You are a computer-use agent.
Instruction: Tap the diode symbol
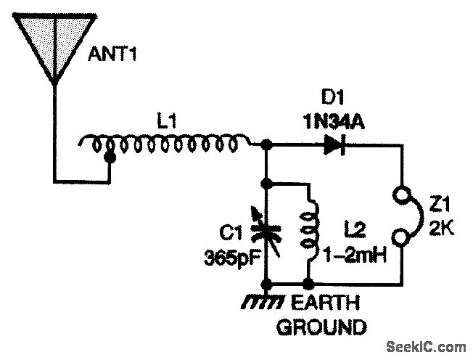pyautogui.click(x=334, y=146)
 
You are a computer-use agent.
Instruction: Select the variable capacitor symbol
pyautogui.click(x=268, y=230)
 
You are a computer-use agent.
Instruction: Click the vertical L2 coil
pyautogui.click(x=310, y=231)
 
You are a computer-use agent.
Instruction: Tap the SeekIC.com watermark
pyautogui.click(x=427, y=345)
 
